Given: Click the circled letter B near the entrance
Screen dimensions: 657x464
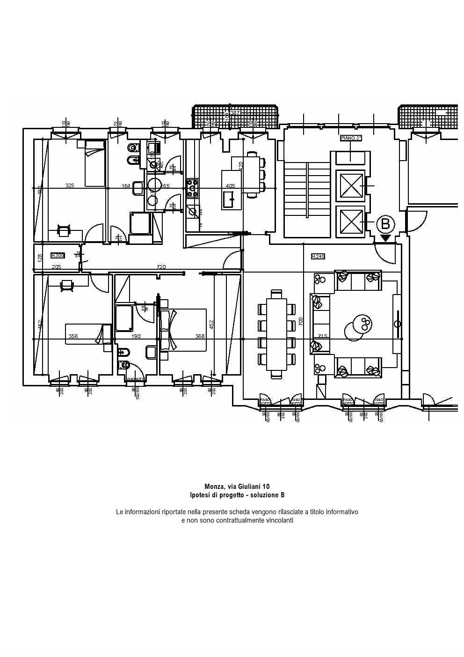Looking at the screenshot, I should point(385,223).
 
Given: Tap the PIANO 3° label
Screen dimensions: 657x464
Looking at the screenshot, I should point(351,139).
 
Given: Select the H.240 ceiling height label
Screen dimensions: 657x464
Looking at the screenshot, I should point(318,256).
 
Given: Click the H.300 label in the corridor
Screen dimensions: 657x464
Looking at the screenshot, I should point(58,255).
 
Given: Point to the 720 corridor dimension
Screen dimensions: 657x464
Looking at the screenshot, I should point(161,267).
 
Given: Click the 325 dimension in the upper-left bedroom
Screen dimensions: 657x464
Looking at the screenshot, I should point(70,185).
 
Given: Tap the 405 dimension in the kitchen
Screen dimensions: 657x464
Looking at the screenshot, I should point(230,185).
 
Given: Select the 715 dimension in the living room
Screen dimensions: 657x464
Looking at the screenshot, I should point(322,336).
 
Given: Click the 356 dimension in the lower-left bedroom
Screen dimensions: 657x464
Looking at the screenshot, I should point(73,336).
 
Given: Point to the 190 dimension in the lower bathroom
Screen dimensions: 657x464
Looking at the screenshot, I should point(136,336).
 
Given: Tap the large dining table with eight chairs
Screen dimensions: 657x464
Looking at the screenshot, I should point(277,333).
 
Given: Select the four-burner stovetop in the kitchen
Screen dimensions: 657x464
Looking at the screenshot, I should point(192,188).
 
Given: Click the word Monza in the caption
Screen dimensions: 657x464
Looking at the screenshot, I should point(214,487).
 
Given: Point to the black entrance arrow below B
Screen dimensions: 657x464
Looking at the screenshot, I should point(385,238).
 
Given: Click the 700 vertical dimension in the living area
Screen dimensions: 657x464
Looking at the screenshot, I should point(301,321).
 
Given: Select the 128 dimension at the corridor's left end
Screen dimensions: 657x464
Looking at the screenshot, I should point(40,257).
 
